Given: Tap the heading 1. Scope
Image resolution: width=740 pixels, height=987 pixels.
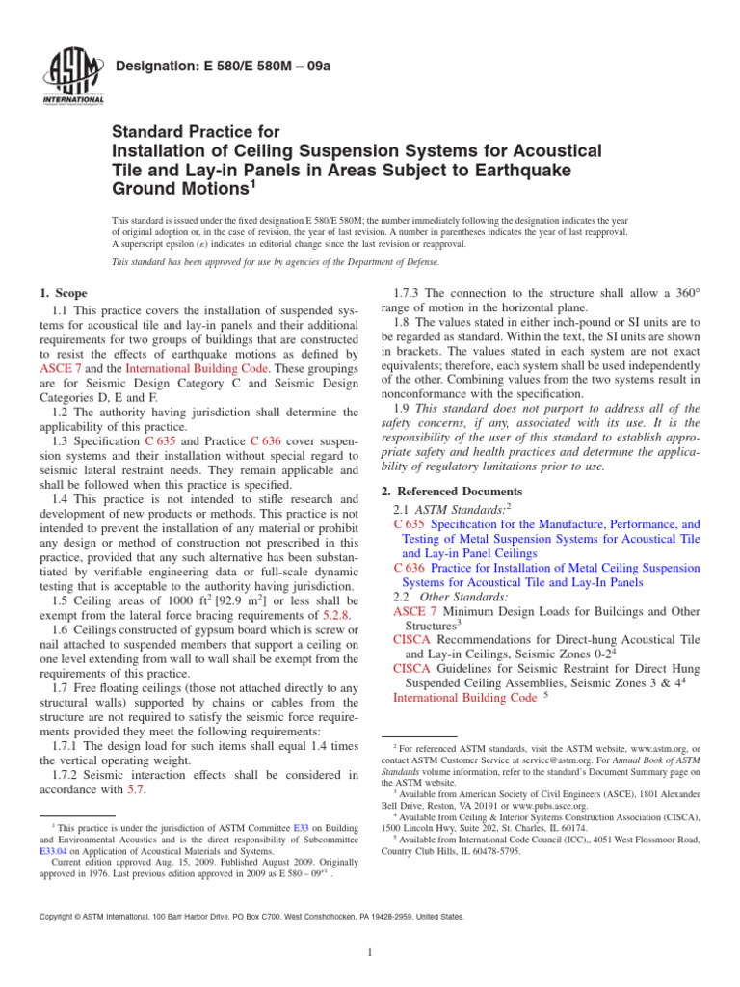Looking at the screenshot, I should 63,293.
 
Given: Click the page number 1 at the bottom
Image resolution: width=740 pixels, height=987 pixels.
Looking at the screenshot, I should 370,953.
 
